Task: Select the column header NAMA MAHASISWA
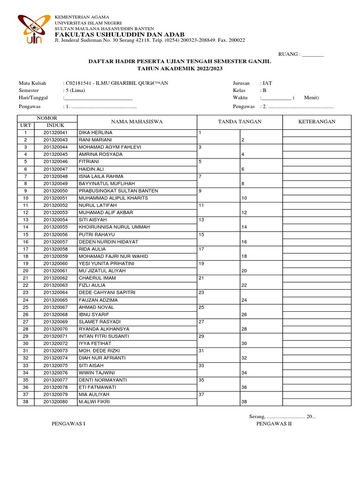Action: coord(136,122)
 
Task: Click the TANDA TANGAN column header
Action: coord(240,122)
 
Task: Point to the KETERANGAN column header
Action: coord(317,122)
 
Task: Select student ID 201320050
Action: coord(56,191)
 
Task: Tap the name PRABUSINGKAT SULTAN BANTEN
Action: coord(118,191)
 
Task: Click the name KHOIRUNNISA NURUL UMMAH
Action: coord(114,227)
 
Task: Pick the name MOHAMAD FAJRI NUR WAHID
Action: coord(113,256)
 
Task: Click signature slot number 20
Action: coord(244,271)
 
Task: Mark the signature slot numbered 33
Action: coord(202,365)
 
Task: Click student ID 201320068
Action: coord(56,315)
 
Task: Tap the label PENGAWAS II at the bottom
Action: coord(274,424)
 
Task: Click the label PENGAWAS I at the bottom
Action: coord(68,424)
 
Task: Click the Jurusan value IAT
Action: coord(267,83)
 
